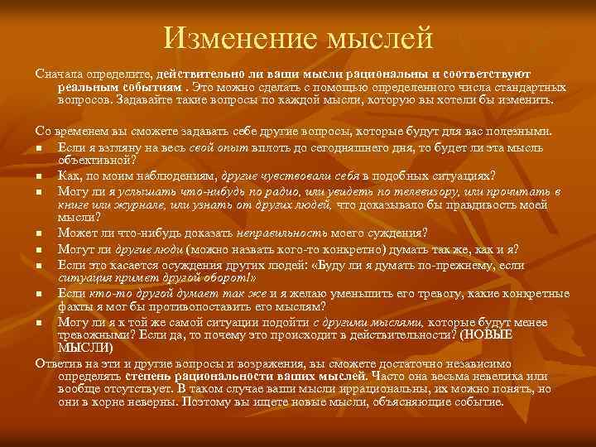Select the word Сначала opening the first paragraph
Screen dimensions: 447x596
pos(60,74)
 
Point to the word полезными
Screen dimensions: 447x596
pos(531,131)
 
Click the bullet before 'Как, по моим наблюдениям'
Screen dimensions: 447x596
pos(39,175)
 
